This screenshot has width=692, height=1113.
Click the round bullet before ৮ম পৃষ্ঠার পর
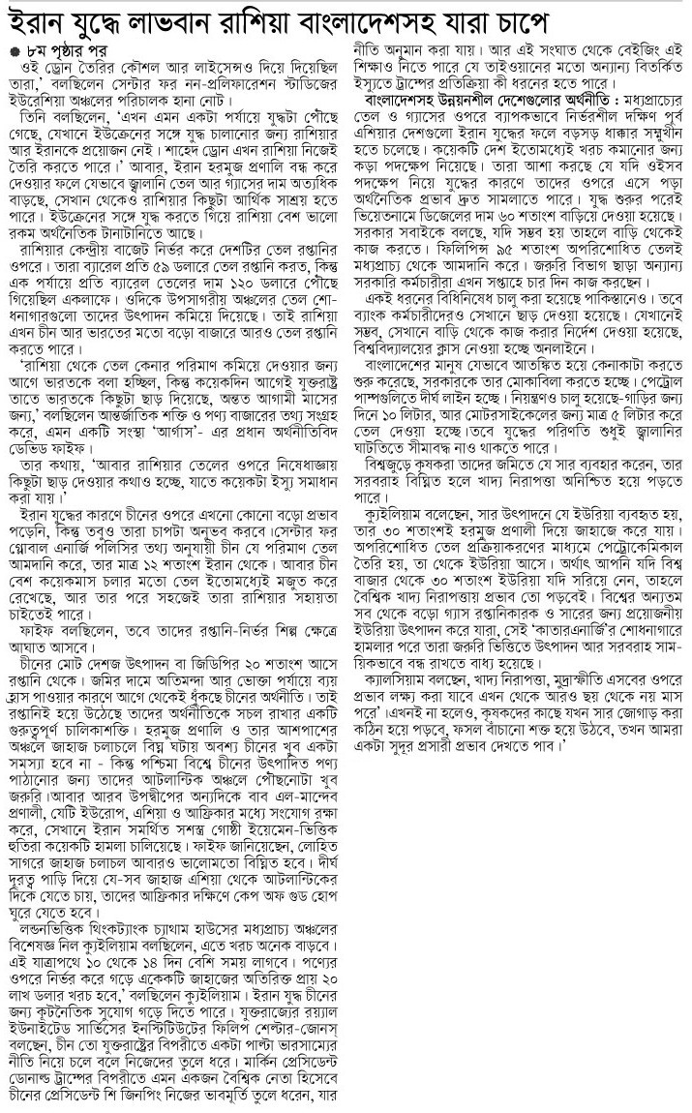click(x=14, y=50)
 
